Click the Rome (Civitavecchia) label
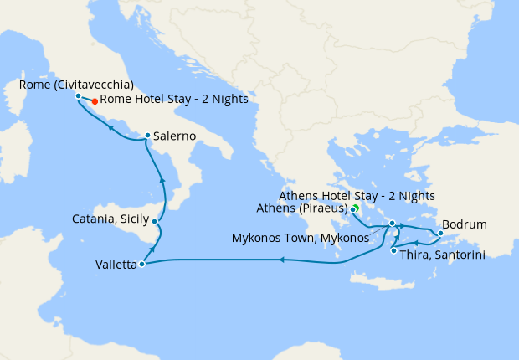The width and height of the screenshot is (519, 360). tap(76, 84)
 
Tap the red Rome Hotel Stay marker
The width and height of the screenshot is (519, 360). tap(95, 101)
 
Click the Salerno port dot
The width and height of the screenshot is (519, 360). tap(147, 136)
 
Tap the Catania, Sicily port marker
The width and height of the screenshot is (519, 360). tap(155, 221)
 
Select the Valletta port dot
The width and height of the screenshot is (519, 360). tap(141, 265)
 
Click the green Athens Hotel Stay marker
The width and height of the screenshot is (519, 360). tap(355, 208)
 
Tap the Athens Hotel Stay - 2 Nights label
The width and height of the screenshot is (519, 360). tap(357, 196)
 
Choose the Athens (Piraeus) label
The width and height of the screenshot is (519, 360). tap(313, 208)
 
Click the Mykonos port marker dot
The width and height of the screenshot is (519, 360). tap(392, 224)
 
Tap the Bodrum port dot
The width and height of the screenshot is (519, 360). tap(440, 233)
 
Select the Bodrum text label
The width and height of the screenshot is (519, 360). tap(464, 225)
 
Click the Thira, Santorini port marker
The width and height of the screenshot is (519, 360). tap(393, 250)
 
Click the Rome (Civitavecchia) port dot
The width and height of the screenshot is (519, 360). tap(78, 96)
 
